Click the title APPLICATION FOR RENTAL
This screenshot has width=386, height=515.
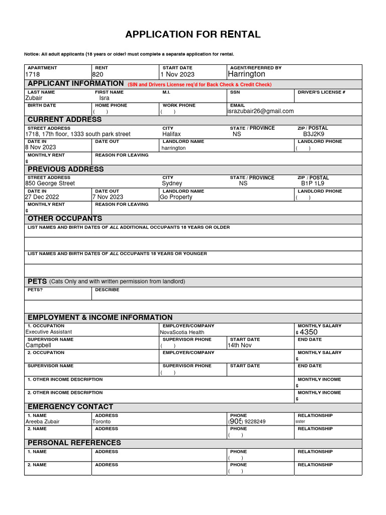[x=193, y=35]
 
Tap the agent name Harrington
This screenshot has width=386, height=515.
[x=246, y=74]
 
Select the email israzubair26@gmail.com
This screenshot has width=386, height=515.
[x=260, y=111]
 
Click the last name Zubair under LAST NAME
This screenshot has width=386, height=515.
[x=34, y=98]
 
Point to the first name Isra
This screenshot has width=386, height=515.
[x=104, y=98]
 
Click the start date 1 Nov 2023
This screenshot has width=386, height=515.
[x=177, y=74]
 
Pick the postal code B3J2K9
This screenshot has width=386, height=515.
[x=313, y=134]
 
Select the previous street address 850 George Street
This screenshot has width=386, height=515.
[x=50, y=184]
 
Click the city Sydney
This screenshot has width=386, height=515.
[x=172, y=184]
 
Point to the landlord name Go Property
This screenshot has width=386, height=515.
[x=176, y=197]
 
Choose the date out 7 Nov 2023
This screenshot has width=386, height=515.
[x=108, y=197]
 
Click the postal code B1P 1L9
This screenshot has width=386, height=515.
[x=313, y=184]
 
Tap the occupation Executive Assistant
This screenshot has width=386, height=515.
[x=49, y=332]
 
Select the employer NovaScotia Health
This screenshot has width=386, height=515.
[x=182, y=332]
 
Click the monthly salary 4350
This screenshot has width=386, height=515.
[x=309, y=332]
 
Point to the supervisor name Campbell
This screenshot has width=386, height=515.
[x=38, y=346]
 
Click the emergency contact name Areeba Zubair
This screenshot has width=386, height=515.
[x=42, y=421]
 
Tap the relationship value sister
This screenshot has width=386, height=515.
[x=300, y=421]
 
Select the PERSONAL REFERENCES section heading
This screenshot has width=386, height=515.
[x=74, y=443]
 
